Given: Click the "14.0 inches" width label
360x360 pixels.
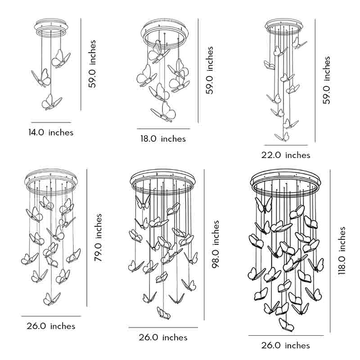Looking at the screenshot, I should pos(51,132).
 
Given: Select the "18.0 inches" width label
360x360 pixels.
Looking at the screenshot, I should pos(163,139).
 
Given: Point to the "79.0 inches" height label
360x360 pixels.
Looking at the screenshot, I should pos(99,238).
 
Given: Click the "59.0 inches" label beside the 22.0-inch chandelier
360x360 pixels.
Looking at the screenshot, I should pos(327,80).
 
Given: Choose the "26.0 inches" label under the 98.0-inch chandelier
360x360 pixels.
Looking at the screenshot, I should pos(162,337).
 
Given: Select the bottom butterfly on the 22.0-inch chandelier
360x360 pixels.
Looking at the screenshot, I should pos(283,136).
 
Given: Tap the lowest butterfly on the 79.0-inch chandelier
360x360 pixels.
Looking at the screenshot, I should pos(51,298).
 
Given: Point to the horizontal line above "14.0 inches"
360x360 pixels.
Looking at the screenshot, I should pos(51,122).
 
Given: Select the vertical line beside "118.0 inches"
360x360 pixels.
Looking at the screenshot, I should pos(330,251).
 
